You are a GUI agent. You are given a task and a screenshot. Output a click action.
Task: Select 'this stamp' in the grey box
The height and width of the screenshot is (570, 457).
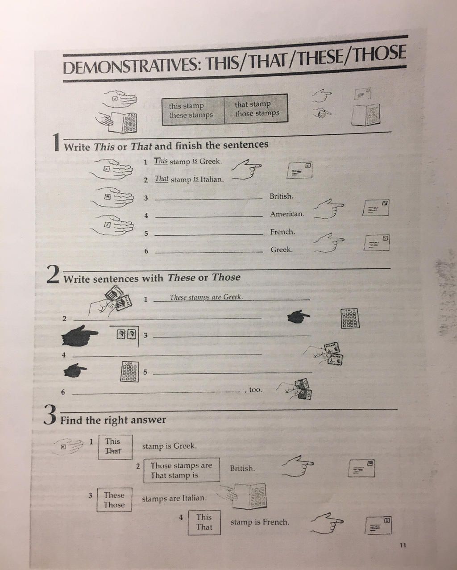pyautogui.click(x=186, y=106)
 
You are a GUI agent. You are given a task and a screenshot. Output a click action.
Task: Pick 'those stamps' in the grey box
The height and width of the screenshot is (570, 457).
pyautogui.click(x=257, y=113)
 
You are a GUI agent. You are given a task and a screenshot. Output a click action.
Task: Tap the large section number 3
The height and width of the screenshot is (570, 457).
pyautogui.click(x=50, y=416)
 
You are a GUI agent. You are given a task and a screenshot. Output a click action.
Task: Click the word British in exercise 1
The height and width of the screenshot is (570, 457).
pyautogui.click(x=281, y=196)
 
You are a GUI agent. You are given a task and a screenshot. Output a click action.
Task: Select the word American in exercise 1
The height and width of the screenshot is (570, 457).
pyautogui.click(x=287, y=214)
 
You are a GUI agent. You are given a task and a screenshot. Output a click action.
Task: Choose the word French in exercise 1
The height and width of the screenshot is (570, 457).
pyautogui.click(x=282, y=232)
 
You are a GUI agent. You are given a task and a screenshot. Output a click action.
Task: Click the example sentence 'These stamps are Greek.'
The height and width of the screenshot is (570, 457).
pyautogui.click(x=206, y=297)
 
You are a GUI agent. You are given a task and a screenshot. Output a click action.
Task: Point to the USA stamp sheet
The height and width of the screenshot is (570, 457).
pyautogui.click(x=129, y=371)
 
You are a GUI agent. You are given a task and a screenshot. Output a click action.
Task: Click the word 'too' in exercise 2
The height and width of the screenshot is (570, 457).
pyautogui.click(x=255, y=390)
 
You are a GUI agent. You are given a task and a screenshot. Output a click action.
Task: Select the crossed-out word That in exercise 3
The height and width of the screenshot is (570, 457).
pyautogui.click(x=113, y=451)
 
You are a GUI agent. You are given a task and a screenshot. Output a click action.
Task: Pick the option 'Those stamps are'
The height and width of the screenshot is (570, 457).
pyautogui.click(x=181, y=465)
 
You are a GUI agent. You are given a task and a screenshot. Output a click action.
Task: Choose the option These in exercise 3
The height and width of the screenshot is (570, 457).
pyautogui.click(x=114, y=495)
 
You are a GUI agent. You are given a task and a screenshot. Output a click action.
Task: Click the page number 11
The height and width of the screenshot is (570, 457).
pyautogui.click(x=403, y=545)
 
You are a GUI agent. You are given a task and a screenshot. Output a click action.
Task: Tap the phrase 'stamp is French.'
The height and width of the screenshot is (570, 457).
pyautogui.click(x=260, y=522)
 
